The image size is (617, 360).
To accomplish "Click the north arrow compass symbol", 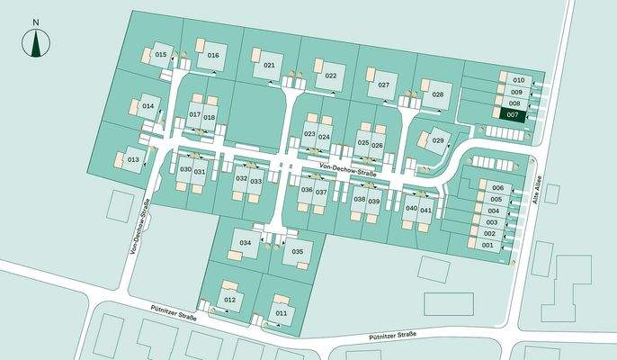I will point(35,40).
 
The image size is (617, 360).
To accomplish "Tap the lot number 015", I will point(161,55).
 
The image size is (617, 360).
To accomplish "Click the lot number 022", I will point(330,76).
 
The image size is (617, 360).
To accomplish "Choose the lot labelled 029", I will point(438,140).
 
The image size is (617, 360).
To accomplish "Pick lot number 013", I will point(132,159).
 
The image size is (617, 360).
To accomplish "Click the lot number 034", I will point(245,244).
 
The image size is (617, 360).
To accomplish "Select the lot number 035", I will point(298,251).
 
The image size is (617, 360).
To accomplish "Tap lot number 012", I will point(229,299).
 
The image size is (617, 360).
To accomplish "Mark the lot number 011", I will point(281,312).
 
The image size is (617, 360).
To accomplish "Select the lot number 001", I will point(488,245).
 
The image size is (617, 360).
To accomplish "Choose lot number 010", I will point(518,80).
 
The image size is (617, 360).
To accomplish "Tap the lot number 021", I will point(269,66).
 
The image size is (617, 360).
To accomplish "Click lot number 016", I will point(213,55).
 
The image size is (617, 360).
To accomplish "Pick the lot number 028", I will point(437,94).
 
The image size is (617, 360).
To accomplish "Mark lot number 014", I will point(148,106).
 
